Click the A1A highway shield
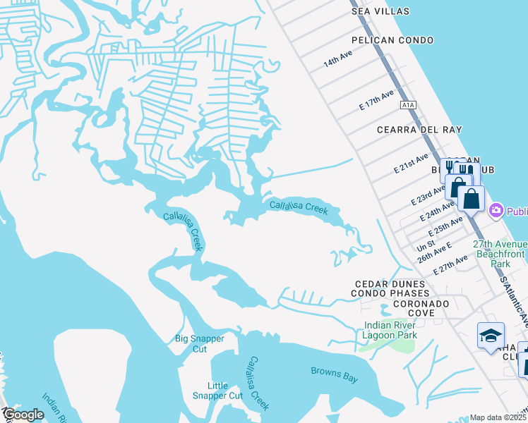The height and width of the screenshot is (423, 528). [x=407, y=105]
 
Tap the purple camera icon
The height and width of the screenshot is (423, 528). [x=496, y=210]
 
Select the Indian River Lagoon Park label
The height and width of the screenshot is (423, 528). [x=390, y=330]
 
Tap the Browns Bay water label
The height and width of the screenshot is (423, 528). [x=335, y=374]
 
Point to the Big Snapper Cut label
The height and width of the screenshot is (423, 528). [x=200, y=343]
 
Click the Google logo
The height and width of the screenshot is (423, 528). [x=24, y=415]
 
